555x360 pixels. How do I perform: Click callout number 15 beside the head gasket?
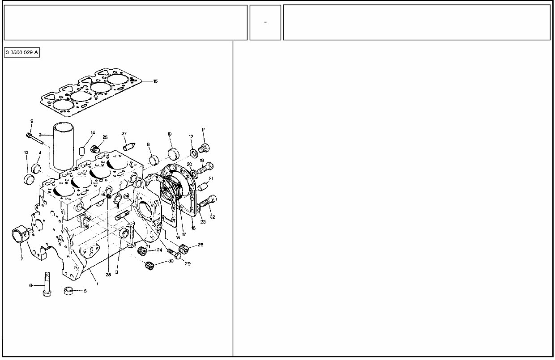(x=155, y=81)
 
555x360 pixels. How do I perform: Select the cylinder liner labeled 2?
(x=64, y=144)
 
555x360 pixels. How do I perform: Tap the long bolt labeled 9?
(x=34, y=138)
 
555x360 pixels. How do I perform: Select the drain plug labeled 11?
(x=205, y=147)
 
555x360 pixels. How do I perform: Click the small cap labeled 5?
(x=69, y=290)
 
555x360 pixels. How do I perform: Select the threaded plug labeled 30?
(x=149, y=265)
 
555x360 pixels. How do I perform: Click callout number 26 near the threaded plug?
(x=200, y=245)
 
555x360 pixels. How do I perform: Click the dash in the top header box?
(x=265, y=22)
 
